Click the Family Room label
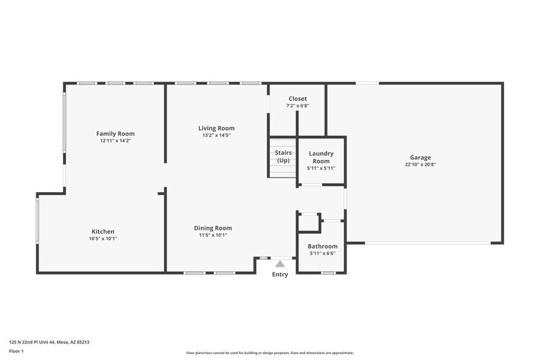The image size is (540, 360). click(x=115, y=133)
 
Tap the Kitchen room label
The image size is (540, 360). click(x=103, y=231)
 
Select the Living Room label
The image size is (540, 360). click(x=216, y=128)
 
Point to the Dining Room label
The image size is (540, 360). click(x=213, y=228)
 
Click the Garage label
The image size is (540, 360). click(x=420, y=157)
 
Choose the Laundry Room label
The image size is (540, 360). click(x=321, y=157)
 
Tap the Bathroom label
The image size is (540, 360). click(x=323, y=246)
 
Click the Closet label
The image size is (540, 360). click(x=298, y=99)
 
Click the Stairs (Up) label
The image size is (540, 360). click(x=283, y=156)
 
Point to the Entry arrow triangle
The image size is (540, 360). click(x=280, y=264)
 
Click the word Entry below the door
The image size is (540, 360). click(x=280, y=274)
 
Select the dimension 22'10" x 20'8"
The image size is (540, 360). click(x=420, y=164)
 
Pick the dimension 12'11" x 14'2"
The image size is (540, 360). click(x=115, y=141)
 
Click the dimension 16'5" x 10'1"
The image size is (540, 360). click(x=103, y=239)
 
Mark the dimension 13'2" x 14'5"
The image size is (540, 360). click(x=216, y=135)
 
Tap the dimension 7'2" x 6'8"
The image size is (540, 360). click(x=298, y=106)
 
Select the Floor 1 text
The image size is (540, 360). click(x=17, y=351)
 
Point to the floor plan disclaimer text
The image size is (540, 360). click(x=269, y=353)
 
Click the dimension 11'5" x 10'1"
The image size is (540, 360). click(x=213, y=235)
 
